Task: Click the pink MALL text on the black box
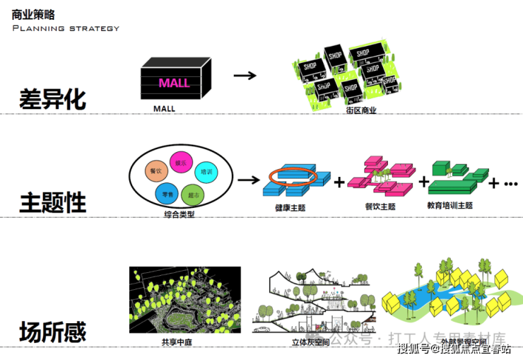pos(174,83)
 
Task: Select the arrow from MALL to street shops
pos(244,75)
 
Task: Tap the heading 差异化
pos(53,98)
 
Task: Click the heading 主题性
pos(53,202)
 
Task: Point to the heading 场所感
pos(53,331)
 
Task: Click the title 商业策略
pos(34,13)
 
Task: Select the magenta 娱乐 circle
pos(180,163)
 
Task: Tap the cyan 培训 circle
pos(206,172)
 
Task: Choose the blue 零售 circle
pos(165,193)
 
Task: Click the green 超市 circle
pos(191,194)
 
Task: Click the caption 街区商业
pos(361,110)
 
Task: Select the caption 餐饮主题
pos(380,207)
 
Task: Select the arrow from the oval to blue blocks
pos(248,180)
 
